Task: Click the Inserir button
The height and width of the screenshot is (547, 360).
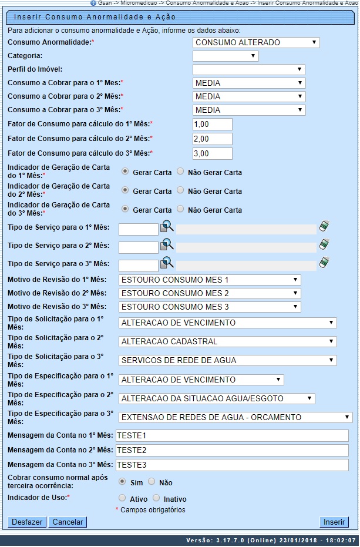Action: [334, 522]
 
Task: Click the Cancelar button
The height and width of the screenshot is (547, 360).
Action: [68, 522]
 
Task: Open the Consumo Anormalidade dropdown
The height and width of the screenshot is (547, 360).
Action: [256, 42]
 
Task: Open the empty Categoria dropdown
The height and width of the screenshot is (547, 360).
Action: [226, 56]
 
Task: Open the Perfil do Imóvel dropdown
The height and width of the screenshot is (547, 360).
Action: [249, 69]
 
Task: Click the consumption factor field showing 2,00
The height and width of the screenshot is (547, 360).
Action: [213, 139]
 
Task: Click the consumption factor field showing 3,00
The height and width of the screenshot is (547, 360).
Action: [213, 153]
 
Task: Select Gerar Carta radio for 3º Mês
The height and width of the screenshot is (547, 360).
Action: [125, 209]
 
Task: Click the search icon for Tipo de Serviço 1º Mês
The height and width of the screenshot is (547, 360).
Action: [167, 227]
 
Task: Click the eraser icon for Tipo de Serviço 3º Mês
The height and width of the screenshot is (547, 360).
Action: [325, 263]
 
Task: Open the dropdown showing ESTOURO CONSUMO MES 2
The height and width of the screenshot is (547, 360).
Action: [210, 293]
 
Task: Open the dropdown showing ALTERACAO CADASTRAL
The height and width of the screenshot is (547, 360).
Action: [228, 341]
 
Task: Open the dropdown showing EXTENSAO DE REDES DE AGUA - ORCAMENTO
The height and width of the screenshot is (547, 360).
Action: [235, 417]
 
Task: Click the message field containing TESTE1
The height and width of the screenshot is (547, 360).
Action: [232, 435]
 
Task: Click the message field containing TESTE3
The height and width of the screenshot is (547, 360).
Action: [232, 464]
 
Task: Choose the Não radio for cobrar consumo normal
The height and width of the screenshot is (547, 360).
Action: [152, 482]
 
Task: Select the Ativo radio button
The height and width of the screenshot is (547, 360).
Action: [122, 498]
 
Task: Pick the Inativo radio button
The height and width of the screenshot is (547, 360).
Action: [156, 498]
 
